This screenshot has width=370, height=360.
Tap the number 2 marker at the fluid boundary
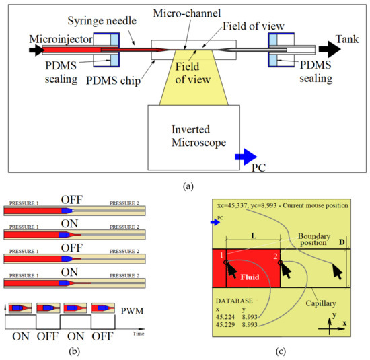275,256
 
